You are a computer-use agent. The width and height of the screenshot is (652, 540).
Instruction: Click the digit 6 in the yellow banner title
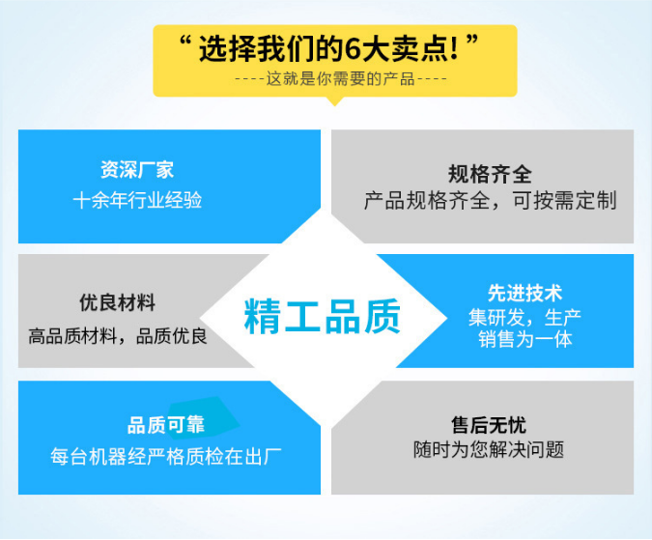353,49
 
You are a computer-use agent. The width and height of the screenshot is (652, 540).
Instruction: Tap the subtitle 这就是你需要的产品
341,78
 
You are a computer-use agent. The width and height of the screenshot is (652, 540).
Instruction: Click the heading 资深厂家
137,170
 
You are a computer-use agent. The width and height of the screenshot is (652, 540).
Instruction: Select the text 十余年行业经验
137,200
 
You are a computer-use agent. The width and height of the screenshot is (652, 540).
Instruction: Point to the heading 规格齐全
490,174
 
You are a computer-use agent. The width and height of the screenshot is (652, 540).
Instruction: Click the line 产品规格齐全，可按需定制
490,201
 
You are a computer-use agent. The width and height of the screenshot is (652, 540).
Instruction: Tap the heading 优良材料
117,302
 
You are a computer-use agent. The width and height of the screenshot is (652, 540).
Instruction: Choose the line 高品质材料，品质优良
117,336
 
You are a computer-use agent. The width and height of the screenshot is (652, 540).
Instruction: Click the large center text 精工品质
323,317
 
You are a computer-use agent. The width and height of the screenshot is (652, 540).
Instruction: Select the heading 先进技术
524,293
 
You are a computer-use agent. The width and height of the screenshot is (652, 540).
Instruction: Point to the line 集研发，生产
524,318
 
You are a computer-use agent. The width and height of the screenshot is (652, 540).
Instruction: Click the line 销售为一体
524,339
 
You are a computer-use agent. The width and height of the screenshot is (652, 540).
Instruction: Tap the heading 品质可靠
166,425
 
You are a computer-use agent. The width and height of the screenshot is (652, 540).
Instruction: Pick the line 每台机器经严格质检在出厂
166,457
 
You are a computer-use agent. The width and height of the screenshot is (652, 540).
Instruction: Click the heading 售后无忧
489,425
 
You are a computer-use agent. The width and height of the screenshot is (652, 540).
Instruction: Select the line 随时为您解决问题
489,450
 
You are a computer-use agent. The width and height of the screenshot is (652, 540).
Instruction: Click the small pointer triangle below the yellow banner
335,101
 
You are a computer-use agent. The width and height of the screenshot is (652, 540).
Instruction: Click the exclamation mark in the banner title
454,49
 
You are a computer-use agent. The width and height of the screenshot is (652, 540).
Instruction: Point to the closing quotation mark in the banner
472,41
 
